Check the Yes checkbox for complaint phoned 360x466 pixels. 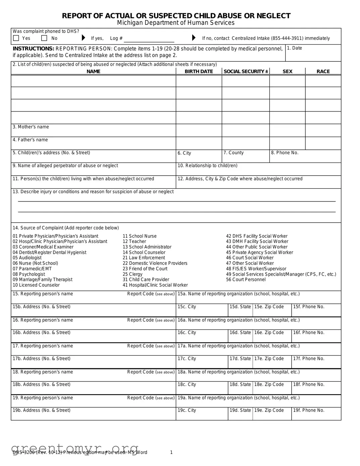click(x=16, y=38)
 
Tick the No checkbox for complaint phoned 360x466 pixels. click(x=44, y=38)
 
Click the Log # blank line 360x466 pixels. click(x=149, y=40)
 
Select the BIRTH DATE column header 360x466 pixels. click(x=199, y=72)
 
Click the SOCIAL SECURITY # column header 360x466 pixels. click(x=246, y=72)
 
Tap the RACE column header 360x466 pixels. click(x=323, y=72)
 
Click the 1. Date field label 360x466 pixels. click(x=294, y=48)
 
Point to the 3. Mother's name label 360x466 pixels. click(x=31, y=127)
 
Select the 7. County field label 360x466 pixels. click(x=234, y=153)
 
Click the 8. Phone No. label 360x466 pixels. click(x=285, y=153)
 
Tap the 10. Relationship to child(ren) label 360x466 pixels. click(x=207, y=166)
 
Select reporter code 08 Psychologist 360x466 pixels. click(x=29, y=274)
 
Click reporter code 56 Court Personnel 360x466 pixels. click(x=246, y=280)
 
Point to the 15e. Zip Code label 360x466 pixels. click(x=269, y=307)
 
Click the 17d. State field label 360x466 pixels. click(x=240, y=359)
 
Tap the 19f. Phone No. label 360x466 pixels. click(x=309, y=411)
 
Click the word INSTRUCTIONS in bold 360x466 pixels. click(x=33, y=49)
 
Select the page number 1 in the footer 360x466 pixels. click(x=171, y=453)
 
